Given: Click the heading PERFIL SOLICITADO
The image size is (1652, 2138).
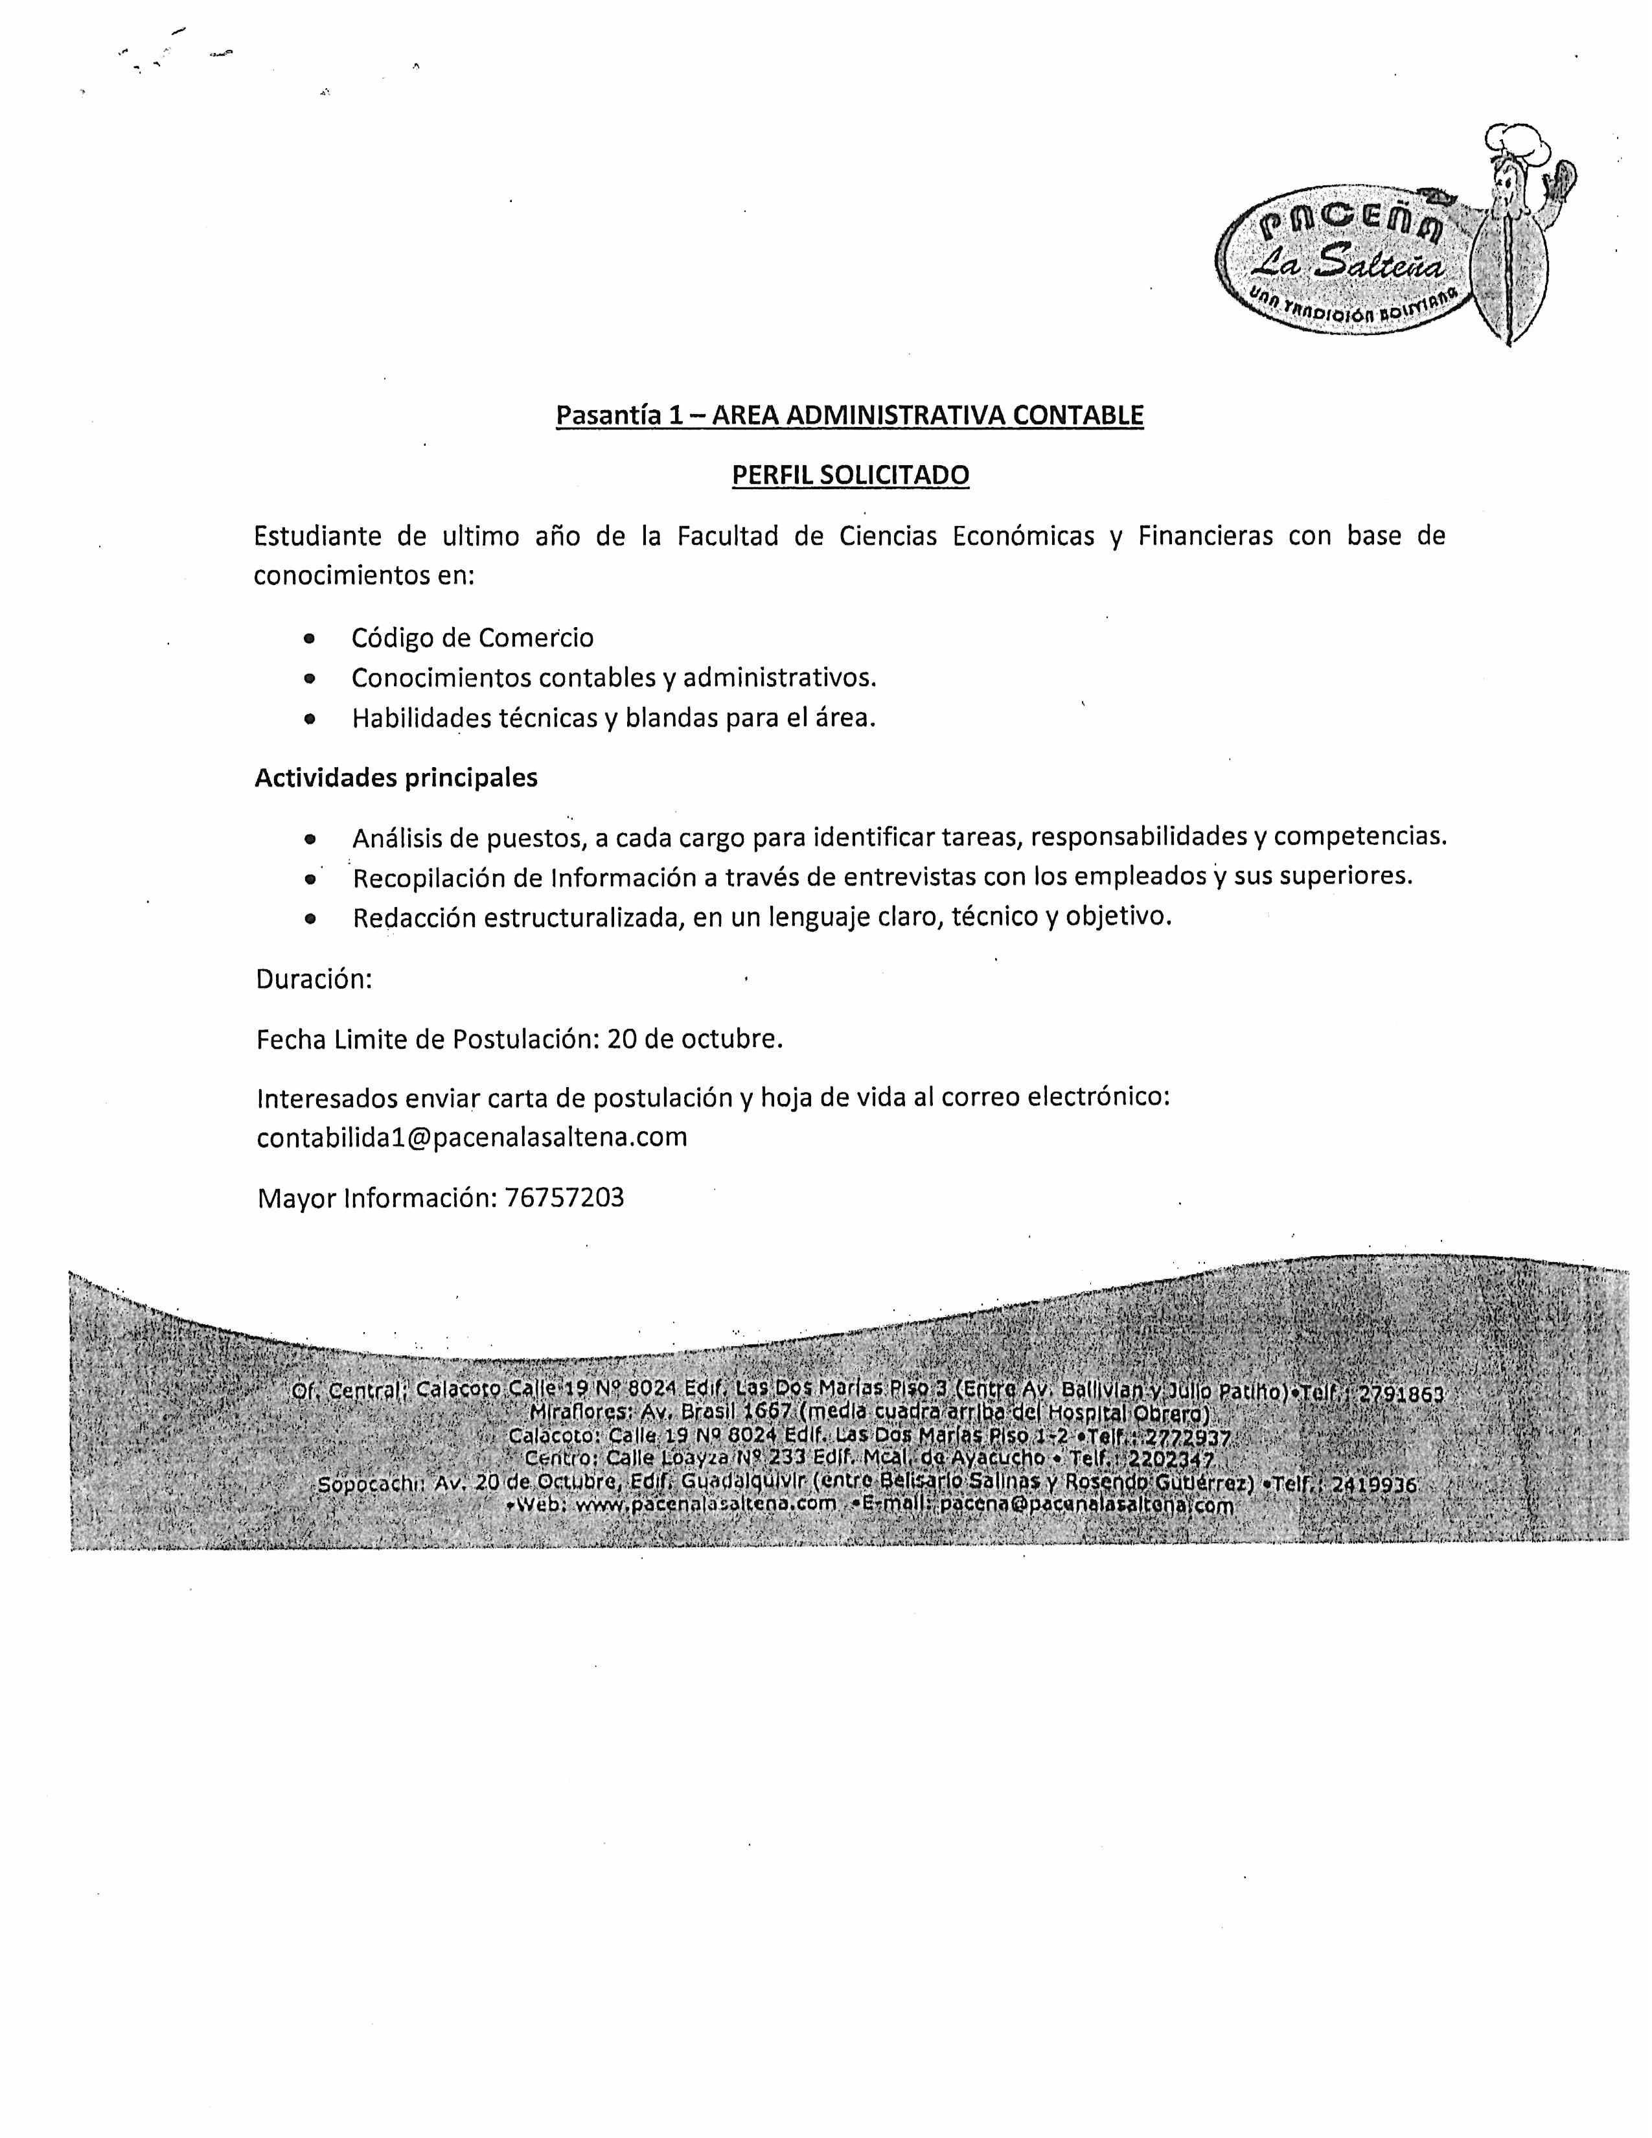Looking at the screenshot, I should (x=851, y=476).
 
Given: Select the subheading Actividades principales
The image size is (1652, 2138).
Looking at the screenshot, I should (x=396, y=778).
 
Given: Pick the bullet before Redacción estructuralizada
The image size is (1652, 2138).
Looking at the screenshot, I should (x=309, y=919).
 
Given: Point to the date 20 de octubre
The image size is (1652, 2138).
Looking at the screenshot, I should (x=695, y=1039).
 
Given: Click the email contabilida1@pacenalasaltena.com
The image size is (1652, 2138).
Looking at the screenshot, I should (x=472, y=1138).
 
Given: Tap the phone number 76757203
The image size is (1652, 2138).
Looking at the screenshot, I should (x=565, y=1198).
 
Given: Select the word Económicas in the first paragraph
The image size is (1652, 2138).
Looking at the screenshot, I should (x=1023, y=536).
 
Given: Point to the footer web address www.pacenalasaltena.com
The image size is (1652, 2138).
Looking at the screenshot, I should (x=706, y=1504).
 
